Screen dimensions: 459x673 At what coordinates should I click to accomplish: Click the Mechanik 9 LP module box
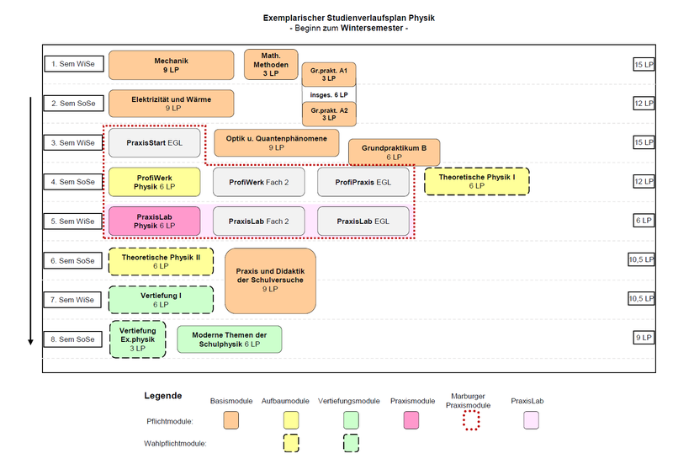coord(171,65)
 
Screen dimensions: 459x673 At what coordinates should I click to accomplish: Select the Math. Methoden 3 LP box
coord(270,65)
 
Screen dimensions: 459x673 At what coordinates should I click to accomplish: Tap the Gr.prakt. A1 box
coord(329,74)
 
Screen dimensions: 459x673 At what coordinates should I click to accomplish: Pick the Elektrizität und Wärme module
coord(171,104)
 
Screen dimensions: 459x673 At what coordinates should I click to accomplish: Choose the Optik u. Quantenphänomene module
coord(276,142)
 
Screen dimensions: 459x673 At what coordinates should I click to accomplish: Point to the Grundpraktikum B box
coord(394,152)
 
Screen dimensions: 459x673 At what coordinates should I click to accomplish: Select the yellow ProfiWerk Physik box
coord(154,182)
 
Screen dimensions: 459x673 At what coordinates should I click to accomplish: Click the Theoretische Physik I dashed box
coord(476,182)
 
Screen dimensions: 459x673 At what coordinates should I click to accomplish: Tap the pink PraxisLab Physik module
coord(154,221)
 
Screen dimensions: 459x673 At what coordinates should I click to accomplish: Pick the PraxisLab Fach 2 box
coord(259,221)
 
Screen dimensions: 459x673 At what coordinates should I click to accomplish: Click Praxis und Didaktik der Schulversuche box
coord(270,280)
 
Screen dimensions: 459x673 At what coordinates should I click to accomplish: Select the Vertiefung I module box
coord(161,300)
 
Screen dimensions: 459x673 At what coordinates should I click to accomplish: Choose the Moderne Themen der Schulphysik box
coord(229,339)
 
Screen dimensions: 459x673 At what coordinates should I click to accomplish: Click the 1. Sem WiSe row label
coord(72,63)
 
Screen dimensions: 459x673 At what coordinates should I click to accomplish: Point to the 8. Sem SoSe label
coord(72,339)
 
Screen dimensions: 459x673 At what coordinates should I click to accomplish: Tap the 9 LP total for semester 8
coord(644,338)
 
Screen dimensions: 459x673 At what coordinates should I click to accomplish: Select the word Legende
coord(162,395)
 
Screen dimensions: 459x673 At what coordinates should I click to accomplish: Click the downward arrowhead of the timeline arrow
coord(31,341)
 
